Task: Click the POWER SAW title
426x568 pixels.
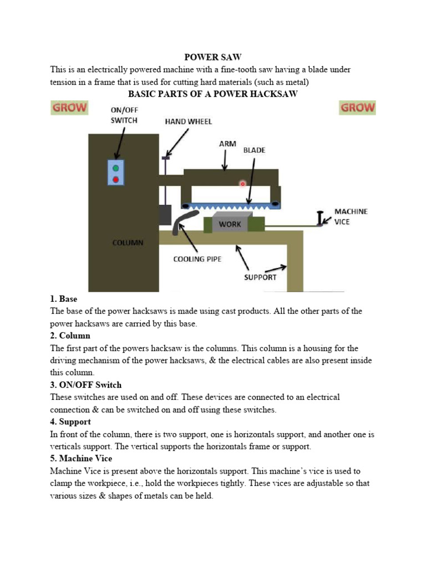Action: [212, 57]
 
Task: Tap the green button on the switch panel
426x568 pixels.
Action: [115, 168]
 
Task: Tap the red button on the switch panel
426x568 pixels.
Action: [115, 179]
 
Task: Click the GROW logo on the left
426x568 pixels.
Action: [69, 108]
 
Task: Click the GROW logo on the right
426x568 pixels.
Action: [357, 108]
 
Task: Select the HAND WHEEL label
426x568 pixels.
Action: [188, 121]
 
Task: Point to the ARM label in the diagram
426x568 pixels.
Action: [227, 144]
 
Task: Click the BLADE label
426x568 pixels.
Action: [254, 150]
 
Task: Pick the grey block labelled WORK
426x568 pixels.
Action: [230, 224]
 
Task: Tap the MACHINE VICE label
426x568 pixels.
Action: [351, 216]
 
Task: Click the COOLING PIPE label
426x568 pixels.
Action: [197, 258]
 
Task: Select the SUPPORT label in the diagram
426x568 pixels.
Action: [260, 277]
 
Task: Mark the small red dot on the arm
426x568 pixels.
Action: [242, 183]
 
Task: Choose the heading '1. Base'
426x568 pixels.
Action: [64, 299]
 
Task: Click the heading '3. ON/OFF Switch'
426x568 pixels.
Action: [85, 385]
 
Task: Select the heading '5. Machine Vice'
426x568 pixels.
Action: [81, 459]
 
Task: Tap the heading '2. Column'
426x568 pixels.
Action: [70, 336]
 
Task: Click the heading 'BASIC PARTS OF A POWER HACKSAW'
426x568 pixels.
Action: [213, 94]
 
